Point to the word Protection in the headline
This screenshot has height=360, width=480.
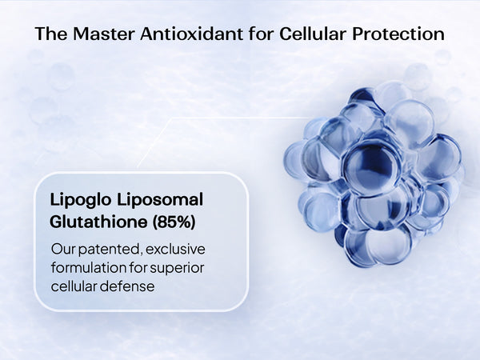click(x=398, y=34)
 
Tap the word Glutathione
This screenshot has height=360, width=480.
click(x=98, y=222)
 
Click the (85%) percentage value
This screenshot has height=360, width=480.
click(x=174, y=222)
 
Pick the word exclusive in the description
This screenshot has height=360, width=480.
click(x=175, y=249)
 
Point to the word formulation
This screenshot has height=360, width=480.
click(x=89, y=268)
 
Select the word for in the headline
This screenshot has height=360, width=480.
click(x=261, y=34)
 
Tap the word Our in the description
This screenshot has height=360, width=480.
click(x=63, y=250)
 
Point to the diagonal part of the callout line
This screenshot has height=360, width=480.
click(x=154, y=143)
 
